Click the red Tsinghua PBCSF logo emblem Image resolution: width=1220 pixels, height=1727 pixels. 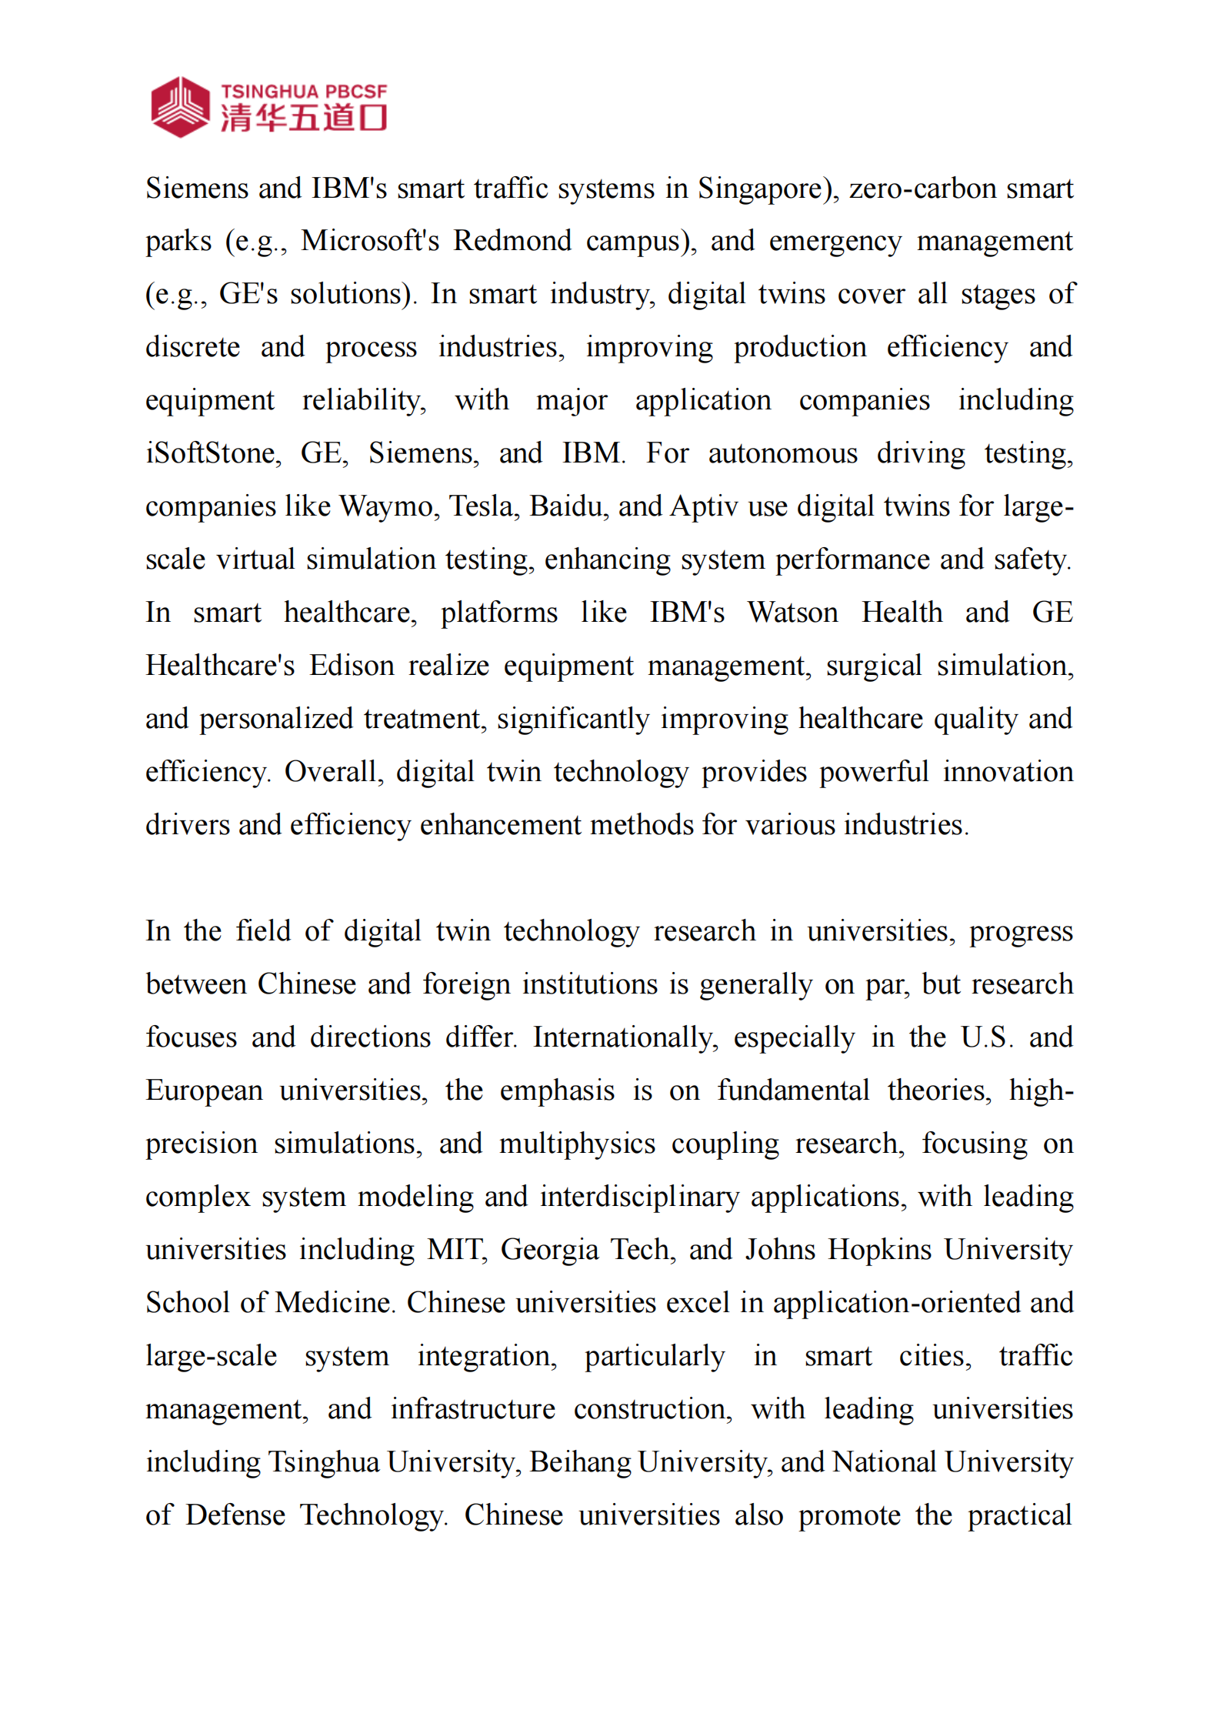tap(179, 107)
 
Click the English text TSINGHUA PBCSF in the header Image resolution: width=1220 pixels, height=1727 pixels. tap(304, 92)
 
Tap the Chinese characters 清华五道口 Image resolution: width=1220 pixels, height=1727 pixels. tap(304, 119)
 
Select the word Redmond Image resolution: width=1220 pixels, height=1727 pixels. tap(512, 241)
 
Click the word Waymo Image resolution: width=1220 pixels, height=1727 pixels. tap(386, 506)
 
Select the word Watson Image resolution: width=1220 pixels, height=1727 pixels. tap(792, 613)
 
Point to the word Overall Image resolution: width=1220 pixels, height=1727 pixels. tap(332, 772)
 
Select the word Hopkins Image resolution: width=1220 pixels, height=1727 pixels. tap(879, 1250)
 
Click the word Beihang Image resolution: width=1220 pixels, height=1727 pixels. tap(579, 1462)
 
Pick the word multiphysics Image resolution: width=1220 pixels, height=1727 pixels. tap(576, 1144)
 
